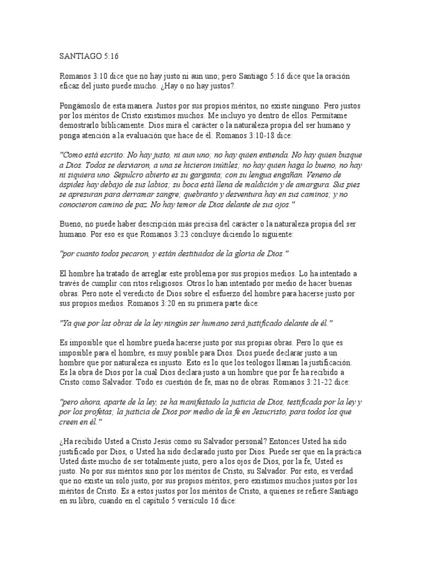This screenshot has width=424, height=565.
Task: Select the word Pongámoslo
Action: [x=79, y=103]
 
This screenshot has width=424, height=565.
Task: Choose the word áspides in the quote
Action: [x=73, y=184]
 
